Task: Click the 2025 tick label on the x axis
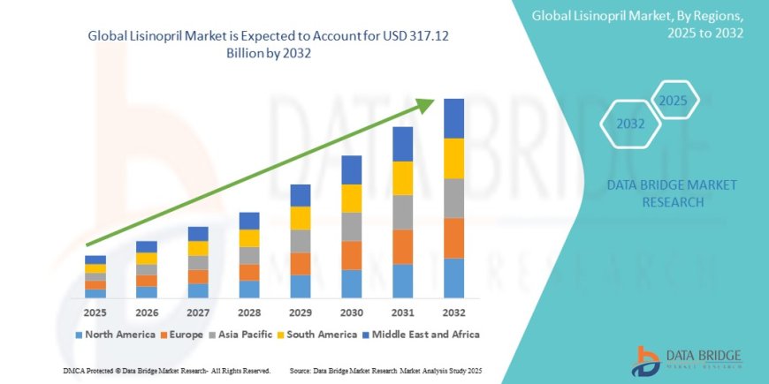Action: click(x=95, y=312)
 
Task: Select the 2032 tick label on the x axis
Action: click(x=453, y=312)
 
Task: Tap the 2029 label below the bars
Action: click(x=300, y=312)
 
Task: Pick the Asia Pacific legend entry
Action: click(x=244, y=335)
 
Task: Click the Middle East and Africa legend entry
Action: click(x=425, y=335)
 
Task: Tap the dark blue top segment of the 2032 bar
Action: click(x=453, y=118)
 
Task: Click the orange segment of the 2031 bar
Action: click(x=402, y=246)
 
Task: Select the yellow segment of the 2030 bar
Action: click(x=351, y=198)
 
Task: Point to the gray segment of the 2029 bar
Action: click(x=300, y=241)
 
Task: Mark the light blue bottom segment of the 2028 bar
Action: click(x=249, y=289)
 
